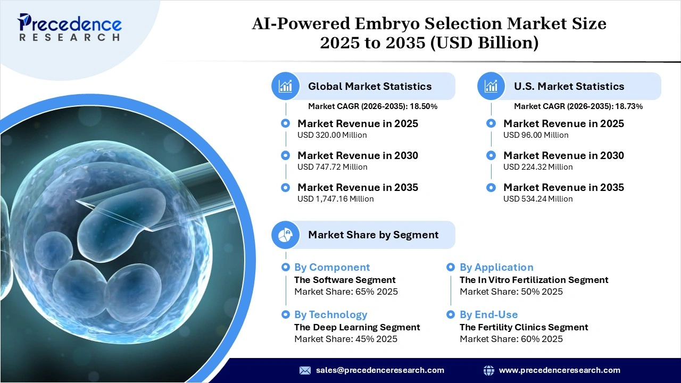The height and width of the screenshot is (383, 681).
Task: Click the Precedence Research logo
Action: (x=70, y=27)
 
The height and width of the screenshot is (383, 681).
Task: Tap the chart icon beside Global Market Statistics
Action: (x=286, y=86)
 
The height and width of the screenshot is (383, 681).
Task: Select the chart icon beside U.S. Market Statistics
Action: (x=491, y=86)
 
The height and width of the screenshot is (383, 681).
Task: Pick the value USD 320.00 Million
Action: (x=332, y=135)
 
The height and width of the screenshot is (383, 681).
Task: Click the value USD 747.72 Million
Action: (x=332, y=167)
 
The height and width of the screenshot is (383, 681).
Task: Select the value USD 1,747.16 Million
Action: (x=335, y=199)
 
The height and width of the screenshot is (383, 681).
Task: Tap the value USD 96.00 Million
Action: (x=536, y=135)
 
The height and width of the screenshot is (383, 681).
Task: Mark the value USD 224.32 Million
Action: (x=538, y=167)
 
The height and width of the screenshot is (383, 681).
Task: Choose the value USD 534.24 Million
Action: (x=538, y=199)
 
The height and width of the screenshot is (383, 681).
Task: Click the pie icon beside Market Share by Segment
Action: (x=286, y=235)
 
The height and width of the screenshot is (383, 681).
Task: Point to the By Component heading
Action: (x=331, y=268)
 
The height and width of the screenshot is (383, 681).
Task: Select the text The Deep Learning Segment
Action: (x=357, y=327)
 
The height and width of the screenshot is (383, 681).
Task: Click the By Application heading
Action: (x=496, y=268)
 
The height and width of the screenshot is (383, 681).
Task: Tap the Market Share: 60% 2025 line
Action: (x=511, y=339)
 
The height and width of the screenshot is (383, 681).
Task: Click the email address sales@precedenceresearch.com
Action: (x=380, y=370)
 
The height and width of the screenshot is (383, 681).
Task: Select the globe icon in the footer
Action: (x=488, y=370)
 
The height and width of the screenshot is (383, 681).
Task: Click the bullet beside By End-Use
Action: (x=451, y=314)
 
